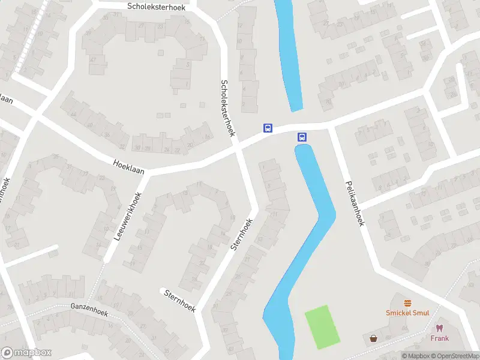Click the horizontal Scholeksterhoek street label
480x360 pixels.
[x=157, y=6]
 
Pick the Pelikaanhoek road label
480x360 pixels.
[x=354, y=204]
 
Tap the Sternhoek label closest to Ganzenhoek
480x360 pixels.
[x=180, y=300]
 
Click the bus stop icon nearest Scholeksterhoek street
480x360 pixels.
[x=268, y=128]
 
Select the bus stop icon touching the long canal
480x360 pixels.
[x=302, y=137]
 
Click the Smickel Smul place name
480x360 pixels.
[x=407, y=313]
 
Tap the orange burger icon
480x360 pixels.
[x=408, y=302]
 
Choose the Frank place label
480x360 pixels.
[x=439, y=338]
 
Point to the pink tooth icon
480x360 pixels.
[x=439, y=328]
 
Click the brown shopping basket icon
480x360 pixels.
[x=374, y=338]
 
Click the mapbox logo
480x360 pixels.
[x=26, y=353]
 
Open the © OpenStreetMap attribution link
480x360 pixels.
[x=456, y=356]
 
